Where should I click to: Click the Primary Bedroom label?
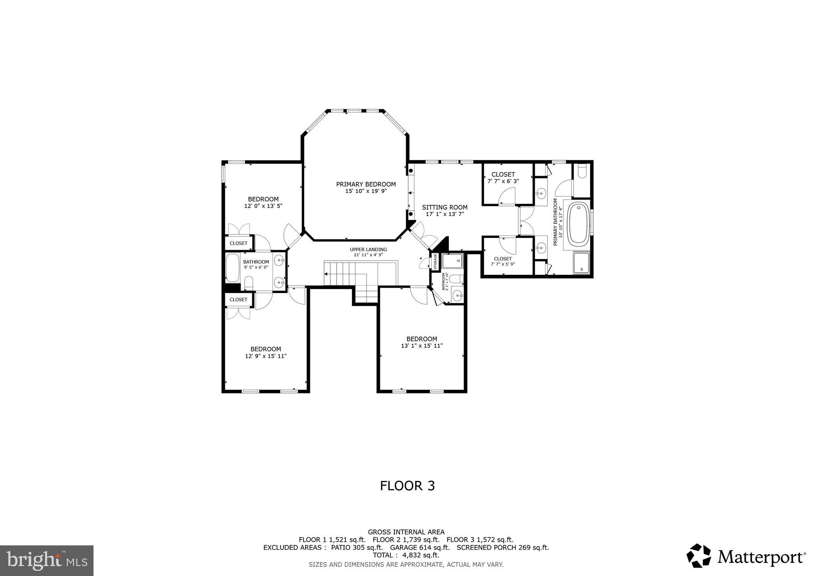pyautogui.click(x=366, y=184)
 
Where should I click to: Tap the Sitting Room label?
pyautogui.click(x=445, y=207)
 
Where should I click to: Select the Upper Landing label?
pyautogui.click(x=368, y=250)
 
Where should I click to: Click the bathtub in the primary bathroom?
pyautogui.click(x=578, y=224)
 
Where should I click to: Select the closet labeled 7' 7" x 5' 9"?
pyautogui.click(x=503, y=261)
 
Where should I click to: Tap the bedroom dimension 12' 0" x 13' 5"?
pyautogui.click(x=263, y=206)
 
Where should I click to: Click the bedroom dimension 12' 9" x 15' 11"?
pyautogui.click(x=265, y=356)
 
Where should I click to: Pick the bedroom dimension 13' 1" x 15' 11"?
pyautogui.click(x=421, y=346)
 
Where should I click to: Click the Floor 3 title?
pyautogui.click(x=407, y=486)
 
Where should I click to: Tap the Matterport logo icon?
pyautogui.click(x=698, y=555)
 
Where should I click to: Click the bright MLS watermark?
pyautogui.click(x=47, y=560)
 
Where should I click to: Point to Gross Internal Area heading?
pyautogui.click(x=406, y=532)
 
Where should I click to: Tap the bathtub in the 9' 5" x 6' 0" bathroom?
pyautogui.click(x=232, y=268)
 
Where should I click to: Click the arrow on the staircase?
pyautogui.click(x=327, y=274)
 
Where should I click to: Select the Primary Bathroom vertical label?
pyautogui.click(x=558, y=223)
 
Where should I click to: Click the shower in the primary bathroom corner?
pyautogui.click(x=581, y=263)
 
